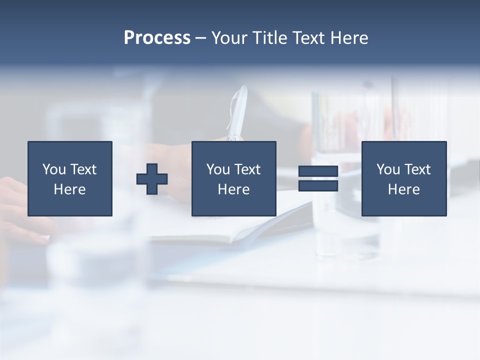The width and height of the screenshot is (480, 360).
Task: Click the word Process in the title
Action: point(157,38)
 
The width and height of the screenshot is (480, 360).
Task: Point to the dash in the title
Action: point(200,38)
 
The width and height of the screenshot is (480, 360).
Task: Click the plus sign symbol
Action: point(152,179)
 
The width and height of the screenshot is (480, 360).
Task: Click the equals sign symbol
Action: point(318,178)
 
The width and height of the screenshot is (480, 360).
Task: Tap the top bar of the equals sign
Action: point(318,171)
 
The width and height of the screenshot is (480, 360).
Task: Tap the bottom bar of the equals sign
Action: point(318,186)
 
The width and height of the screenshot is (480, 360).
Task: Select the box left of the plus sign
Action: point(70,178)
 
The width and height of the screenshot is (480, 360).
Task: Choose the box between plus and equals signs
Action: point(233,178)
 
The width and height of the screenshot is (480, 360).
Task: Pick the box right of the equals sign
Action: point(404,178)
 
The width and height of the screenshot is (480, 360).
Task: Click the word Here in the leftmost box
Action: point(70,189)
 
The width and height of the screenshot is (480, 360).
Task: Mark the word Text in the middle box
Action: point(247,169)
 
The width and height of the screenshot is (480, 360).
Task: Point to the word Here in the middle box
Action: point(233,189)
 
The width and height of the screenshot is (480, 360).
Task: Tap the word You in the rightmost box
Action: point(388,169)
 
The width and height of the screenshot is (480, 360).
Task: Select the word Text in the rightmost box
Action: point(417,169)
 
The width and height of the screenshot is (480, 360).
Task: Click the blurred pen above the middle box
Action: point(237,113)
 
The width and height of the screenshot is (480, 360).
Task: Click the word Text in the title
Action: point(308,38)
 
